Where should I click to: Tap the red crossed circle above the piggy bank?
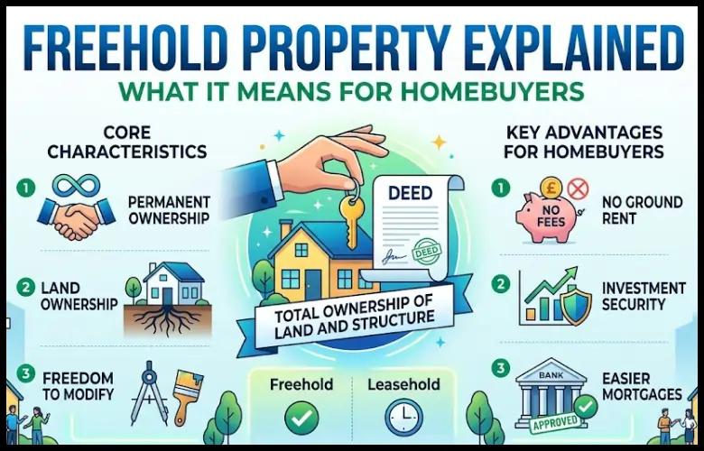click(579, 188)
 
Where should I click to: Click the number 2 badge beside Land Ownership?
click(24, 288)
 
